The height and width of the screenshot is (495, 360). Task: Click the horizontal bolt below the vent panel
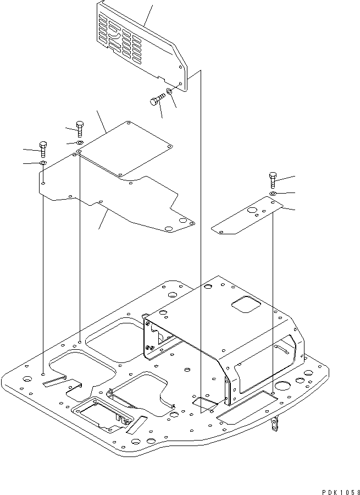[x=157, y=101]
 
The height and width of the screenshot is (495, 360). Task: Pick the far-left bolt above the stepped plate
[x=44, y=146]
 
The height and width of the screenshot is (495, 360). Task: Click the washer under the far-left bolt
[x=43, y=163]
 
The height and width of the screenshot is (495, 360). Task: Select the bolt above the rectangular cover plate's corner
[x=80, y=128]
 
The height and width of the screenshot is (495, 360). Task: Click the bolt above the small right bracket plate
[x=273, y=179]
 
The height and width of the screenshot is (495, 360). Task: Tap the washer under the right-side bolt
[x=273, y=194]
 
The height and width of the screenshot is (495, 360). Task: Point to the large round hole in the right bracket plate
[x=253, y=211]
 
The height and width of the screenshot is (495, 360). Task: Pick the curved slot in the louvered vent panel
[x=117, y=34]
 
